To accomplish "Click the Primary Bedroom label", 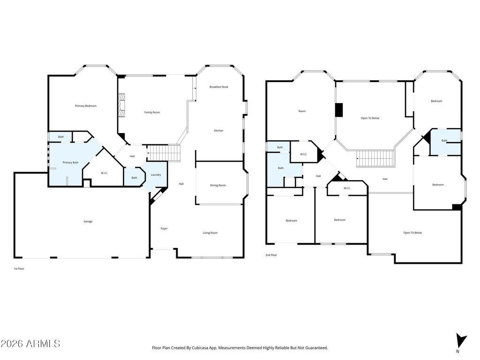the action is [86, 106].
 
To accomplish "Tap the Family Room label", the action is [152, 112].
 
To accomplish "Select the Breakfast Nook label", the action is [219, 87].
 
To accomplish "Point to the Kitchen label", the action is [218, 131].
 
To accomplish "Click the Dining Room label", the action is [218, 185].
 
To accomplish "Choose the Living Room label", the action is [210, 233].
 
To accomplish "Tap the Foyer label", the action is [164, 228].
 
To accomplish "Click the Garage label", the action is [88, 221].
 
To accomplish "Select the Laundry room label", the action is [156, 175].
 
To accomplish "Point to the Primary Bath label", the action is [70, 163].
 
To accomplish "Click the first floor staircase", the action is [163, 152].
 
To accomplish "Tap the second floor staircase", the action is [375, 158].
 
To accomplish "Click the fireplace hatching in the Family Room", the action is [121, 105].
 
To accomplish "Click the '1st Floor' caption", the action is [19, 269].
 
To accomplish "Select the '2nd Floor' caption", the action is [271, 255].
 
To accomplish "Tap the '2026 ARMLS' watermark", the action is [30, 344].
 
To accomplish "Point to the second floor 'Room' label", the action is [302, 111].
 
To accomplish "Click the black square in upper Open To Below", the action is [338, 110].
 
